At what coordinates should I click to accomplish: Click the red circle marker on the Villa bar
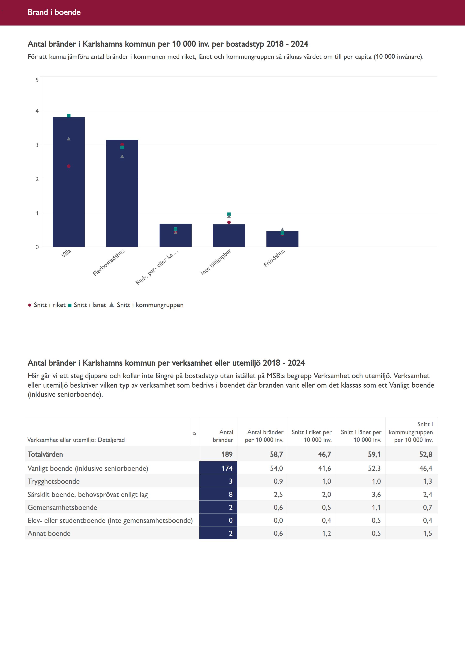pos(69,166)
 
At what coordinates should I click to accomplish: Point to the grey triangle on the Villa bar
pos(69,139)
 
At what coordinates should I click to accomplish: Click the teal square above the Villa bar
pos(69,116)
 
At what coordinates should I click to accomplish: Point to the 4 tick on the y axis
pos(37,111)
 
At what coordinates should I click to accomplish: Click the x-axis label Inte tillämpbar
pos(216,262)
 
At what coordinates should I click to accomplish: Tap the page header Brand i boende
pos(54,12)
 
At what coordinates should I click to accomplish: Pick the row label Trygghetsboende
pos(54,481)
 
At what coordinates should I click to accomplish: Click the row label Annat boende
pos(49,533)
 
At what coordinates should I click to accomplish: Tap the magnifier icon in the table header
pos(195,434)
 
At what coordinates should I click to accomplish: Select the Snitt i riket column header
pos(311,436)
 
